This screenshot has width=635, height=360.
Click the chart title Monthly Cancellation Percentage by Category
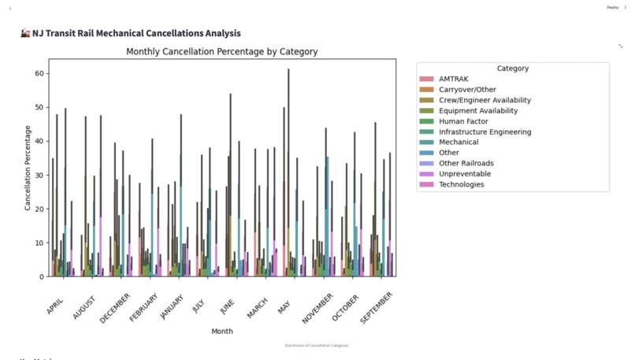tap(222, 52)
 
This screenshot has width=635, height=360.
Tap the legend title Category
tap(513, 69)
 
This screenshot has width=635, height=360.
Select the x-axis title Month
tap(222, 331)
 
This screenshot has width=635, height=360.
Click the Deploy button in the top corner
tap(612, 7)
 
